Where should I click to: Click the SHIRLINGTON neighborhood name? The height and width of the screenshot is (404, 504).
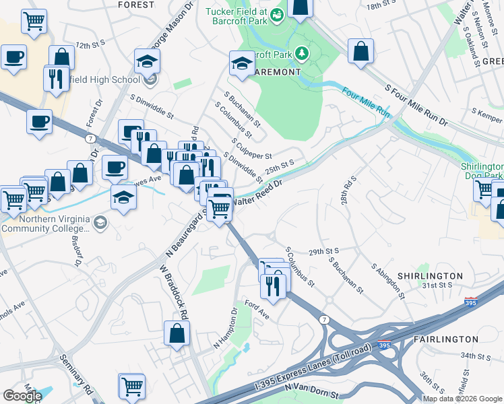(429, 276)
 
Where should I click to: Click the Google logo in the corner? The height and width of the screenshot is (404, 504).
(22, 396)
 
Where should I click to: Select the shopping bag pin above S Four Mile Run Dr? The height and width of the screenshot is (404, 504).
(361, 51)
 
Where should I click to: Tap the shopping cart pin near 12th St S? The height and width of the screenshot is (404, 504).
(34, 21)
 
